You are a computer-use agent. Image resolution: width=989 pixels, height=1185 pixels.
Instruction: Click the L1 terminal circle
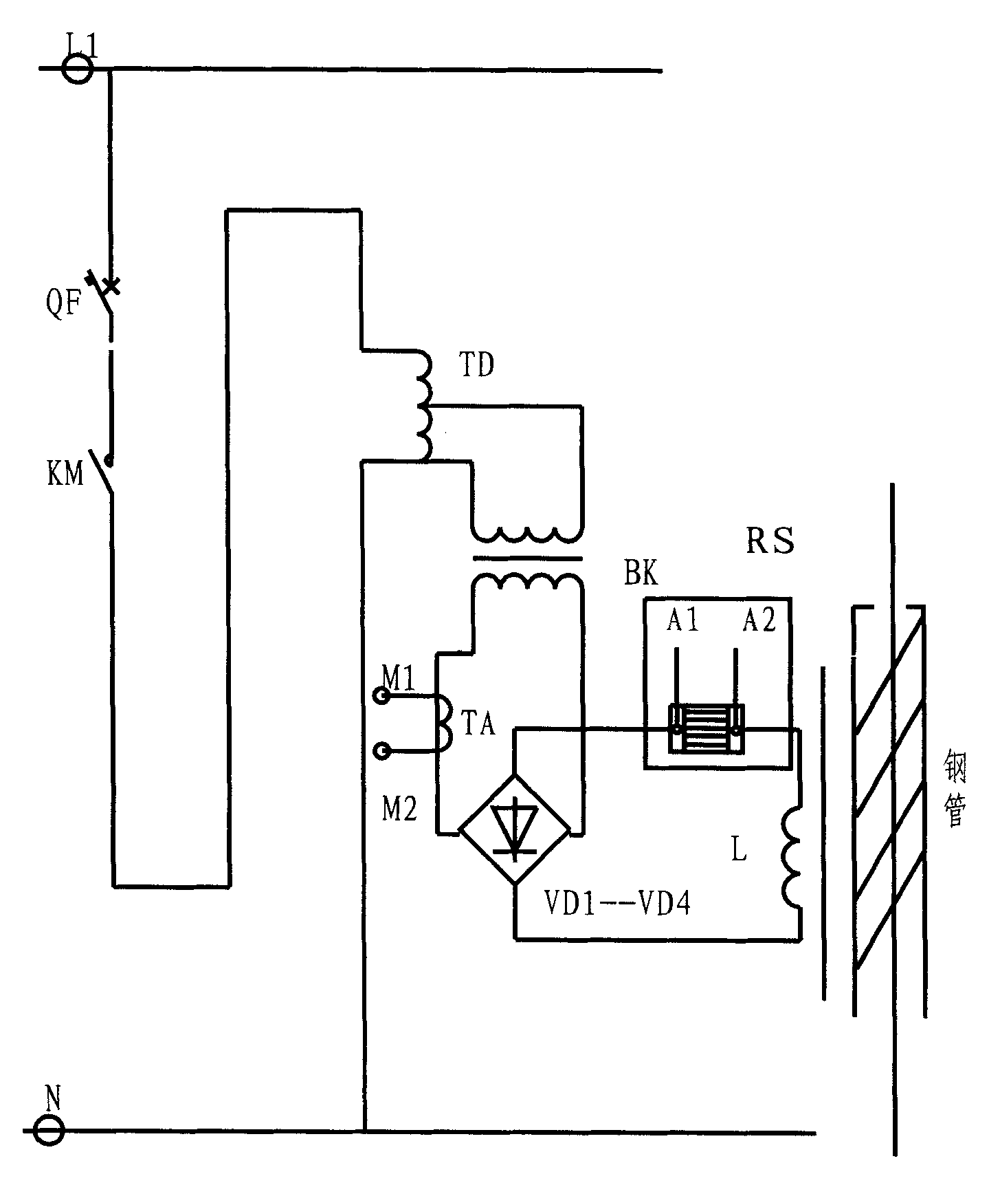click(76, 69)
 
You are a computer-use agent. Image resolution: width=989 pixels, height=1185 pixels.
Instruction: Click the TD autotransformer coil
click(423, 406)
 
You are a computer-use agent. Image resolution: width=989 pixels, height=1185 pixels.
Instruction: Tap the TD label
click(476, 366)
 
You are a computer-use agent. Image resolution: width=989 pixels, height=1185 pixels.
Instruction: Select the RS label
click(770, 542)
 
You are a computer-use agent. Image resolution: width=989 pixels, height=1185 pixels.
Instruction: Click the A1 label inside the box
click(683, 622)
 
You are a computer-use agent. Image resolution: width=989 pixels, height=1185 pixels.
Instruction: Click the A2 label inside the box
click(759, 622)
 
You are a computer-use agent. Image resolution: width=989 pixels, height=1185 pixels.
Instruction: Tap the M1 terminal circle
click(380, 697)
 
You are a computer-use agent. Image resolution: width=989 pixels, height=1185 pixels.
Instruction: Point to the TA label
click(477, 724)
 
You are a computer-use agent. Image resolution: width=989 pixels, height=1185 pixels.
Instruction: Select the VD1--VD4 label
click(616, 904)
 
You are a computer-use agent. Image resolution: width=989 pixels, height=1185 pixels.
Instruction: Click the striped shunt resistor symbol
click(705, 729)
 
